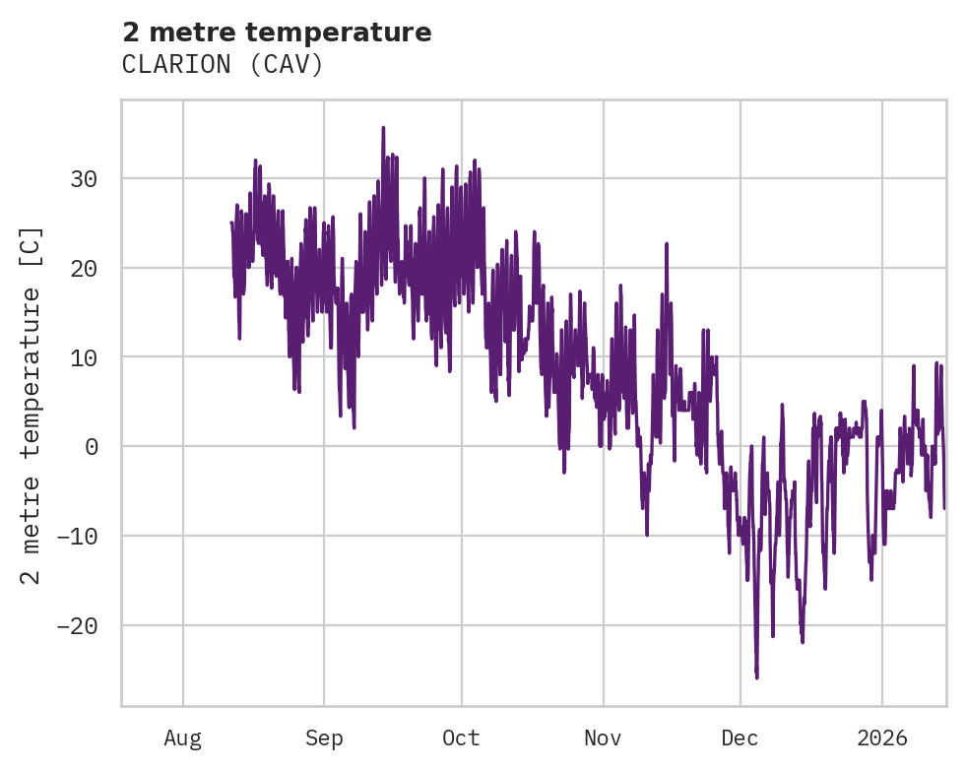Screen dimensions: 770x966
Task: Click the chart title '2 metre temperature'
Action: tap(277, 32)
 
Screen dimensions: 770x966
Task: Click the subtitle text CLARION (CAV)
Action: tap(223, 65)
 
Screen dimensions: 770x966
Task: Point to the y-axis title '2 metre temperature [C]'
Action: tap(32, 405)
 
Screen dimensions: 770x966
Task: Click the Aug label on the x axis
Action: tap(183, 738)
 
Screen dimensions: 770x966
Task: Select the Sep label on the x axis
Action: tap(324, 738)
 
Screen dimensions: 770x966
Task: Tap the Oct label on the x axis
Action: tap(461, 738)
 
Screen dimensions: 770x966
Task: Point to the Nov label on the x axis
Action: tap(603, 738)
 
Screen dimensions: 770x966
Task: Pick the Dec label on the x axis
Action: tap(740, 738)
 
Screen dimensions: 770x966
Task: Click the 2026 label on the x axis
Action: tap(882, 738)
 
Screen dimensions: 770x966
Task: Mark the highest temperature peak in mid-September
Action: tap(383, 128)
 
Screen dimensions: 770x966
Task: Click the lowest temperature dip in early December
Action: tap(756, 677)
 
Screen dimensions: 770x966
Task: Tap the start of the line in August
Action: tap(231, 223)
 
